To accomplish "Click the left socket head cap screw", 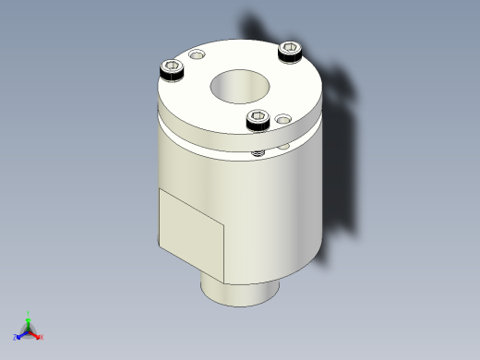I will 171,68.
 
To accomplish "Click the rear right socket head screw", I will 290,51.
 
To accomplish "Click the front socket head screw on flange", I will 258,119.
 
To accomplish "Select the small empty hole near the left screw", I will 196,57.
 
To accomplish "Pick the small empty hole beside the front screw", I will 282,118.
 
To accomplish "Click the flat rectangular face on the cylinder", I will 192,235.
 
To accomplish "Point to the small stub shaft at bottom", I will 240,293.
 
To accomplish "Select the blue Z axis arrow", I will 20,335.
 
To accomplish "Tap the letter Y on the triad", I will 28,314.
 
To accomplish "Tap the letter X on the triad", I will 42,337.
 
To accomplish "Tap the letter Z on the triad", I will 15,338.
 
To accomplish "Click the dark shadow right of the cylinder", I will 346,185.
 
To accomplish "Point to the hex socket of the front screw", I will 258,117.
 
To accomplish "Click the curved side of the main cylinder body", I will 277,212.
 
